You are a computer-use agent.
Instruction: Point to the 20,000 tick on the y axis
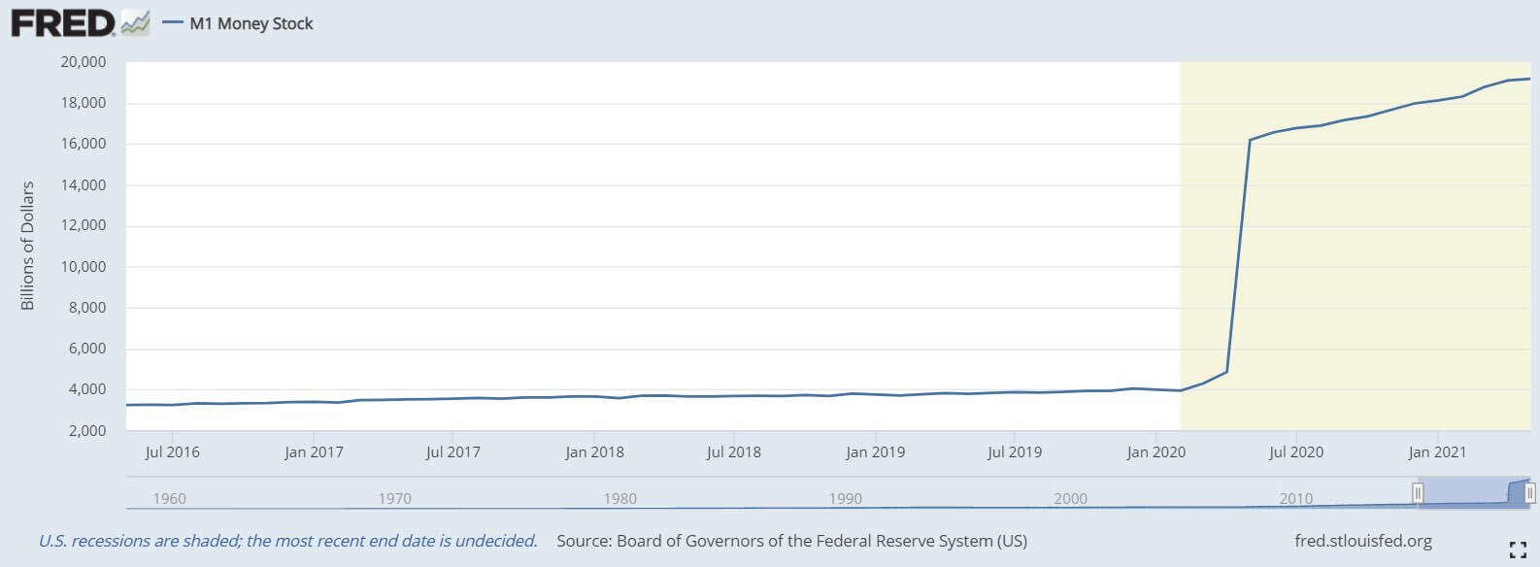(x=84, y=62)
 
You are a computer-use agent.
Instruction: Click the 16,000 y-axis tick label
(x=84, y=144)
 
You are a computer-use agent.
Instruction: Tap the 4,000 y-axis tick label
(x=87, y=389)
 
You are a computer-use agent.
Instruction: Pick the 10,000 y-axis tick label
(x=84, y=267)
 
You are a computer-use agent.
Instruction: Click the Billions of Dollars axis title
(x=27, y=246)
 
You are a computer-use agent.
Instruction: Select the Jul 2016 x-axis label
(x=172, y=452)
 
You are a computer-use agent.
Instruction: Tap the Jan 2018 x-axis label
(x=594, y=452)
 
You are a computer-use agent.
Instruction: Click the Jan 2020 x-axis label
(x=1155, y=452)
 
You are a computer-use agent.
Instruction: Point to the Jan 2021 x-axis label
(x=1437, y=452)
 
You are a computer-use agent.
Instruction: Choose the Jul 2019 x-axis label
(x=1015, y=452)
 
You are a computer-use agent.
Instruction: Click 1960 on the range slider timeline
(x=169, y=499)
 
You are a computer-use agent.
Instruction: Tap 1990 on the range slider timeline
(x=845, y=499)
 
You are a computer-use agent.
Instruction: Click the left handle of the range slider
(x=1418, y=493)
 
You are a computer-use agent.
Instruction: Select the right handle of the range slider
(x=1530, y=493)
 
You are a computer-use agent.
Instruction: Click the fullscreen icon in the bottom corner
(x=1518, y=550)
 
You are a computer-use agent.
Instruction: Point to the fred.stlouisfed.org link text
(x=1362, y=541)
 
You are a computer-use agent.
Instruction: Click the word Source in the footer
(x=582, y=541)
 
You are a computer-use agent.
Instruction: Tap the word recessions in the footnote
(x=111, y=541)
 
